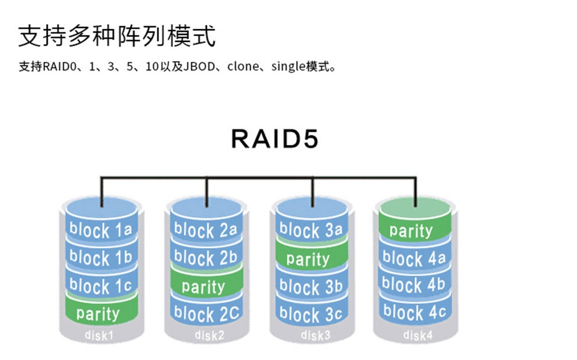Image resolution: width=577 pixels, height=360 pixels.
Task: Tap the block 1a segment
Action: pyautogui.click(x=101, y=230)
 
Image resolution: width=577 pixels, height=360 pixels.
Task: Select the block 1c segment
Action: pyautogui.click(x=101, y=286)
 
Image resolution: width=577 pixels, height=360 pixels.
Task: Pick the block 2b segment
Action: pyautogui.click(x=206, y=257)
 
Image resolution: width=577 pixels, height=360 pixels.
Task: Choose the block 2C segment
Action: pyautogui.click(x=206, y=314)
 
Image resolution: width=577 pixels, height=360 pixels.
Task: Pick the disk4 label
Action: pyautogui.click(x=414, y=335)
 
